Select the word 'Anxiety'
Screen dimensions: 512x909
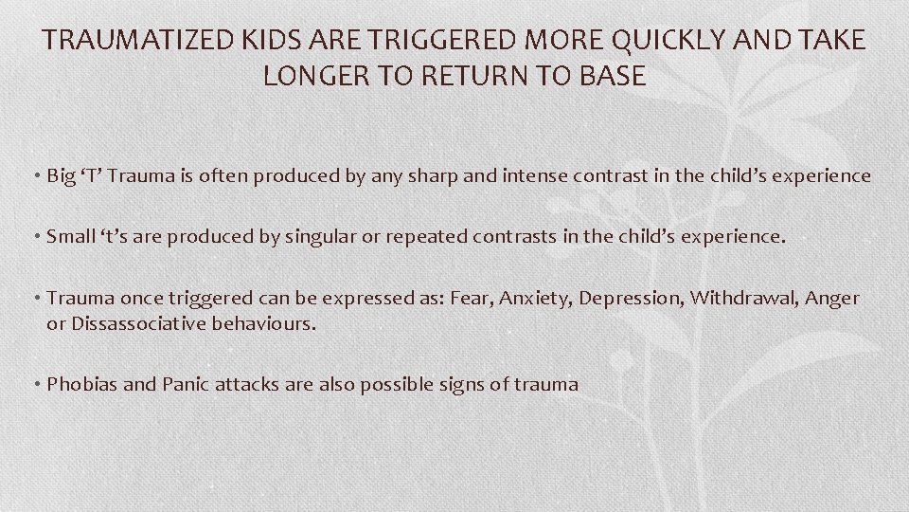tap(532, 298)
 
